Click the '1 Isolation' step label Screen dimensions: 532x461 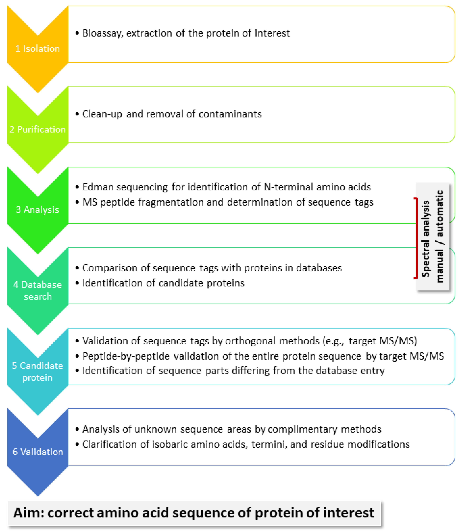[x=37, y=48]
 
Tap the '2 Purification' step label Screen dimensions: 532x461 [x=37, y=129]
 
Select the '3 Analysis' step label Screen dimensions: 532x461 [x=37, y=209]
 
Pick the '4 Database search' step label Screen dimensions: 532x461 [x=37, y=290]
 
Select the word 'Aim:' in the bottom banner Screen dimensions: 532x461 [x=29, y=513]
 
